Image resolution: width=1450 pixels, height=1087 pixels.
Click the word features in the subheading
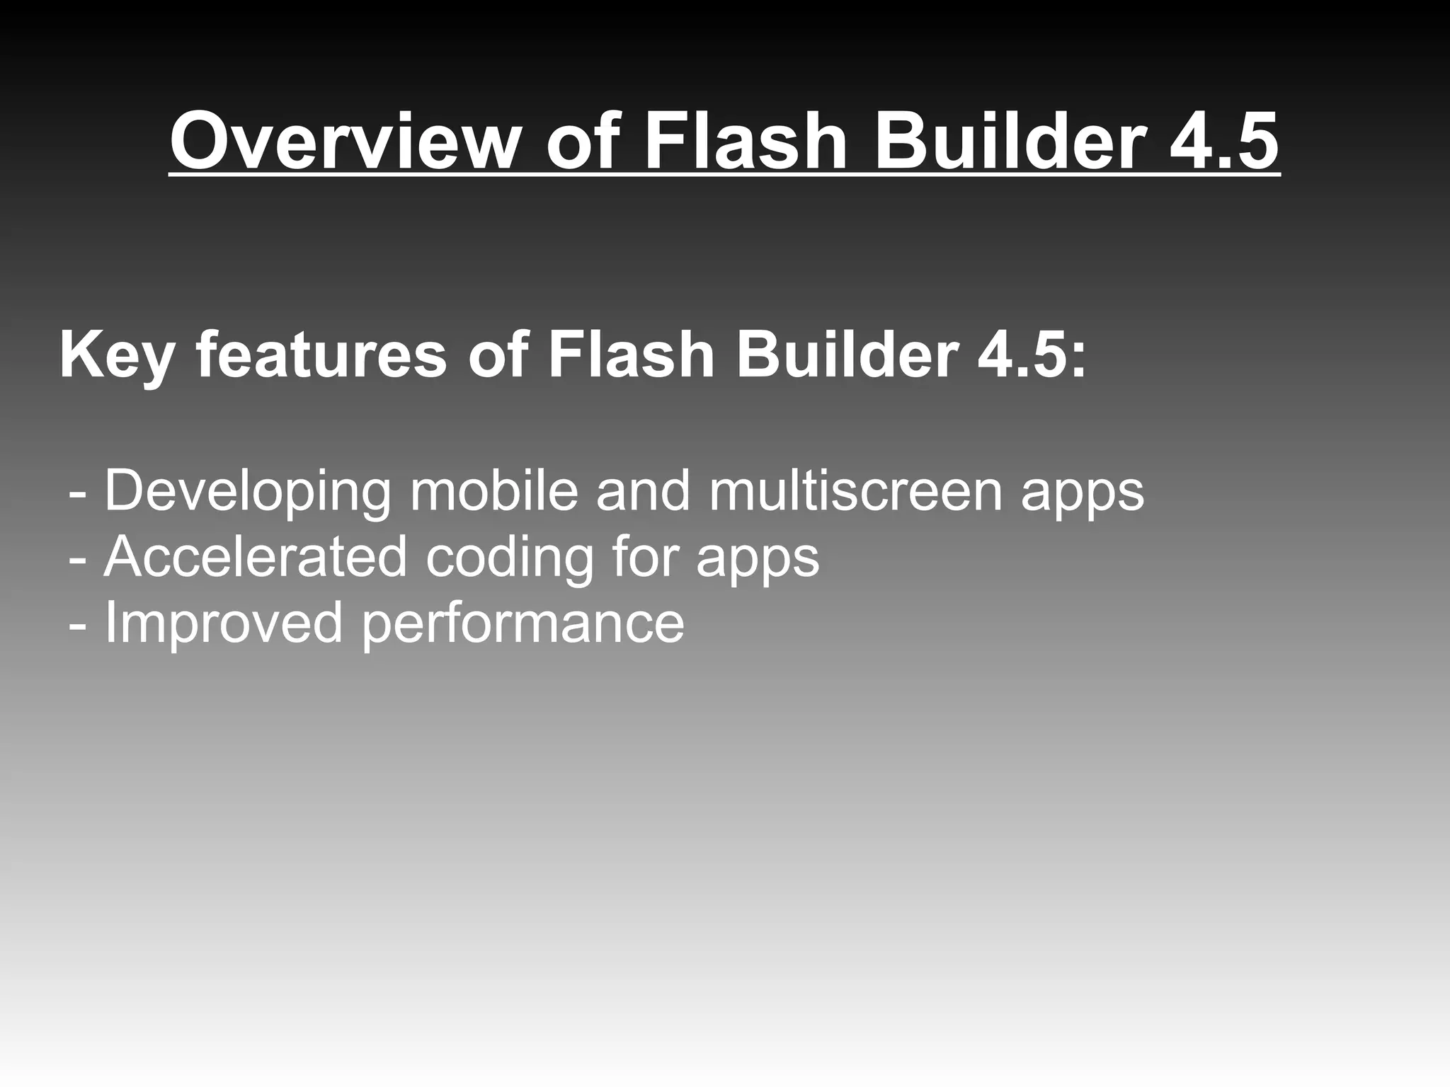321,355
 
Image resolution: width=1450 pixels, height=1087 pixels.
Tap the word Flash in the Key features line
630,355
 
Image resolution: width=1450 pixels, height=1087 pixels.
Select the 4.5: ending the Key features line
1031,355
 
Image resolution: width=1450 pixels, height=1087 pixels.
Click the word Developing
248,491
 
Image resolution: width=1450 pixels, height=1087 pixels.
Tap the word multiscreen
856,491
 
